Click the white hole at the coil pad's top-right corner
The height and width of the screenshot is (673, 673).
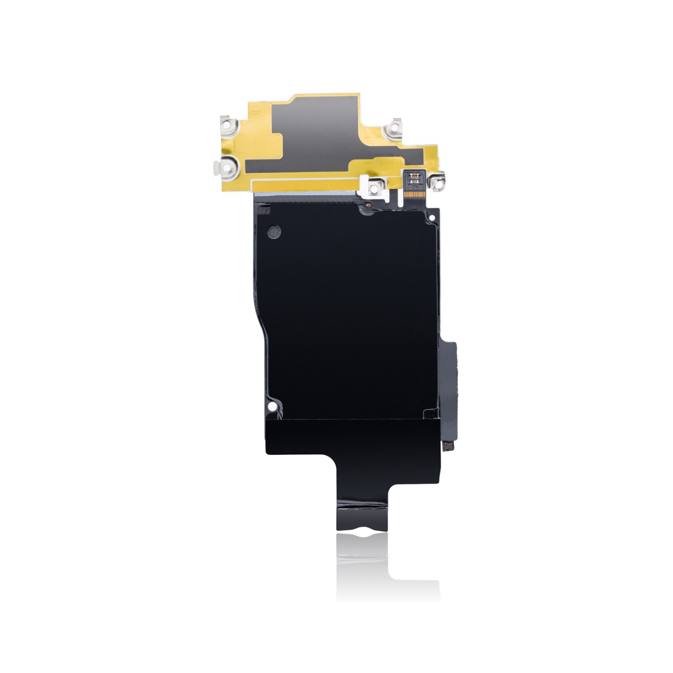432,219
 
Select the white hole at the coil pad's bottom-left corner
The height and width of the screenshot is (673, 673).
271,406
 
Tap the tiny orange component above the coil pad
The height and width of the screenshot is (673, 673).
368,205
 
